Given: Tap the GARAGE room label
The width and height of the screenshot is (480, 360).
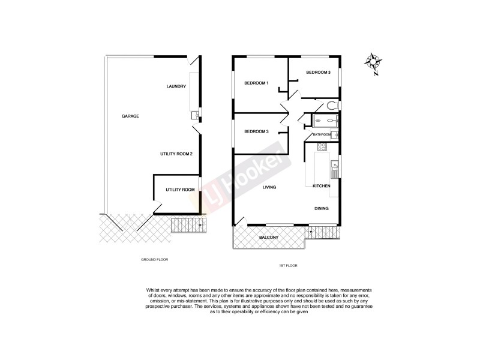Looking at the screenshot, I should point(130,116).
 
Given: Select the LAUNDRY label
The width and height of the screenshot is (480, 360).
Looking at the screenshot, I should point(176,86).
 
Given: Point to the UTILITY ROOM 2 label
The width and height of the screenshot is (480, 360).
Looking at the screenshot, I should point(176,154).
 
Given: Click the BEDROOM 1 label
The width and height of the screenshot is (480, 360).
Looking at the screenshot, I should point(256,83).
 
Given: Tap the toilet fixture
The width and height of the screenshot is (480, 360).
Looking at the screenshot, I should point(334,106).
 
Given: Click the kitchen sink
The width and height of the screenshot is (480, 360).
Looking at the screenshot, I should point(336,167).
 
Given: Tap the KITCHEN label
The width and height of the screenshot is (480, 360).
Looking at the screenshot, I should point(322,186).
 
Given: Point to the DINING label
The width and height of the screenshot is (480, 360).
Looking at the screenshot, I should point(322,208).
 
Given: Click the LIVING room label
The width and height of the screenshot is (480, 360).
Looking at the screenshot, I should point(269,187).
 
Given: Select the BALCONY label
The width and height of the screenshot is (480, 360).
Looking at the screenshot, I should point(268,238).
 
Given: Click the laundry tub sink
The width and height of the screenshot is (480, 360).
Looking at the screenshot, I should point(194,115).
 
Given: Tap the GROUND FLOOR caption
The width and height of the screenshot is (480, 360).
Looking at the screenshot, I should point(154,260).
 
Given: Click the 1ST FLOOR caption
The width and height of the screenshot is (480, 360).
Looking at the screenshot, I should point(288,265).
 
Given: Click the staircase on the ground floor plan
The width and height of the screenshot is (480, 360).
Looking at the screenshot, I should point(188,226).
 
